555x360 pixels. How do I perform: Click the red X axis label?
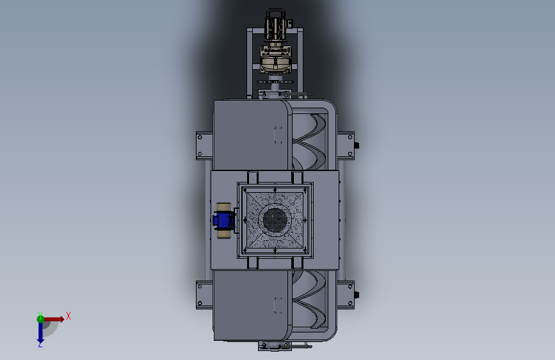68,316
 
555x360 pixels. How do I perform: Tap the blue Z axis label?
40,344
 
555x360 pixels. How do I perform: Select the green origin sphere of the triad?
40,319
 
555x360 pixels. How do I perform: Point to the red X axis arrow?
54,319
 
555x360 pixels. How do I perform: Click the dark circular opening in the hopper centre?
275,220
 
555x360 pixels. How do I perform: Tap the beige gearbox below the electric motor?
276,58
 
